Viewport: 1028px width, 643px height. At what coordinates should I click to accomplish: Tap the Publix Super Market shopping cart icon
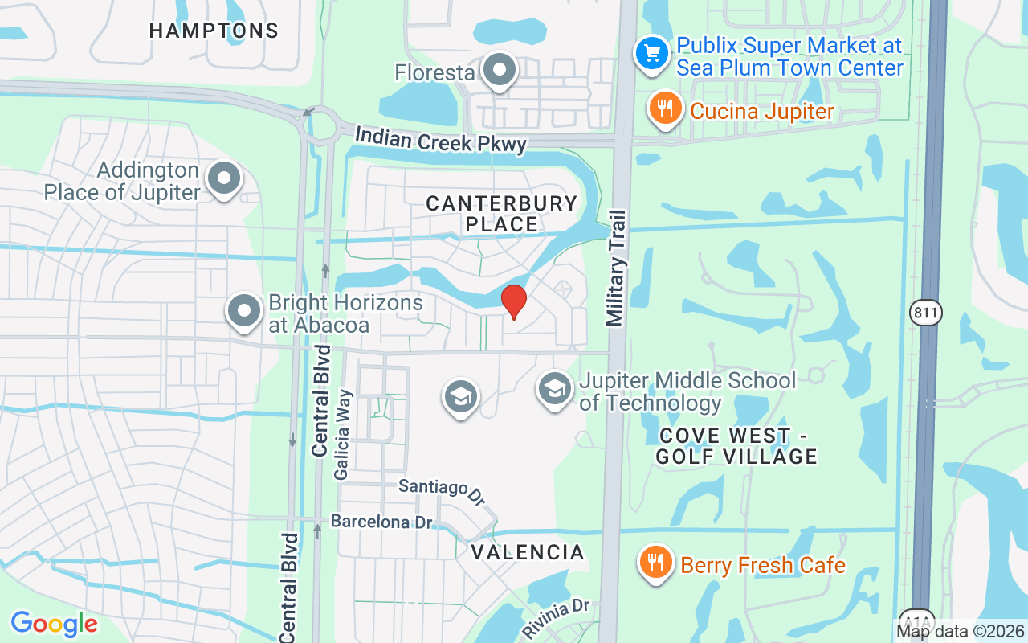(652, 54)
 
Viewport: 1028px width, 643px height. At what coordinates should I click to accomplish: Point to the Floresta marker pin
(500, 71)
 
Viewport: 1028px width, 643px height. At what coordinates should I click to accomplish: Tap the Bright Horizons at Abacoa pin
(244, 311)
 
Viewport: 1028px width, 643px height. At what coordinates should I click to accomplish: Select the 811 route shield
(925, 313)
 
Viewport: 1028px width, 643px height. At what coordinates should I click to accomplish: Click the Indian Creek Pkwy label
(441, 140)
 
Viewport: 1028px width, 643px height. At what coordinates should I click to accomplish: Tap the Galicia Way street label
(344, 435)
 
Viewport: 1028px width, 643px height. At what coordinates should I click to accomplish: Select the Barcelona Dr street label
(382, 522)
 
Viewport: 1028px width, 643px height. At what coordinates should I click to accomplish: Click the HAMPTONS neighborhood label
(214, 31)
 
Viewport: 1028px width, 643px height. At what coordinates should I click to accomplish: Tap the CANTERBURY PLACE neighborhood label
(502, 214)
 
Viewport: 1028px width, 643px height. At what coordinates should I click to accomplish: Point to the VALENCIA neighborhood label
(528, 552)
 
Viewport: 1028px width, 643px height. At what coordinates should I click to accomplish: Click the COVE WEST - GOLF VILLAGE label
(736, 446)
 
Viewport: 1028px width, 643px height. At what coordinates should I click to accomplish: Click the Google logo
(54, 623)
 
